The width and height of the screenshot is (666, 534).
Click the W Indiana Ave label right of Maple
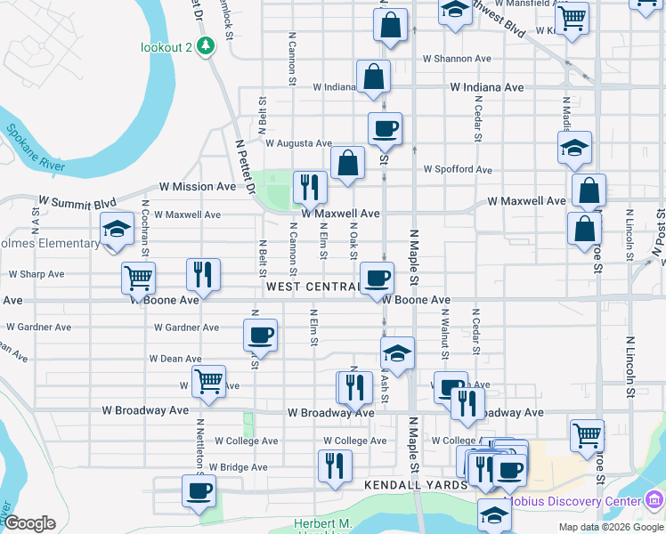tap(487, 88)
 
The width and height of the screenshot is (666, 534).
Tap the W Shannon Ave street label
tap(457, 59)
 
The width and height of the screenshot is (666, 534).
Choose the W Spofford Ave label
tap(458, 169)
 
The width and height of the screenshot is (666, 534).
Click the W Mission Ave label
tap(198, 187)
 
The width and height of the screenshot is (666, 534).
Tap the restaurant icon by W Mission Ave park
tap(310, 187)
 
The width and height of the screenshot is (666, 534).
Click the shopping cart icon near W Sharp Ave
tap(139, 278)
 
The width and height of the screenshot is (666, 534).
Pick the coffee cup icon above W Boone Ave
tap(376, 278)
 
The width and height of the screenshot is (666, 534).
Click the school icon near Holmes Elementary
tap(117, 231)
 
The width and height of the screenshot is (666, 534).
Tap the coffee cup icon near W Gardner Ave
tap(260, 336)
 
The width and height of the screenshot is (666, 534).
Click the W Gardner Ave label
tap(186, 328)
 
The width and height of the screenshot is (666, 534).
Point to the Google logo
tap(29, 523)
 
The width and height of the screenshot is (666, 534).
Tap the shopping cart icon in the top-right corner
tap(571, 17)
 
